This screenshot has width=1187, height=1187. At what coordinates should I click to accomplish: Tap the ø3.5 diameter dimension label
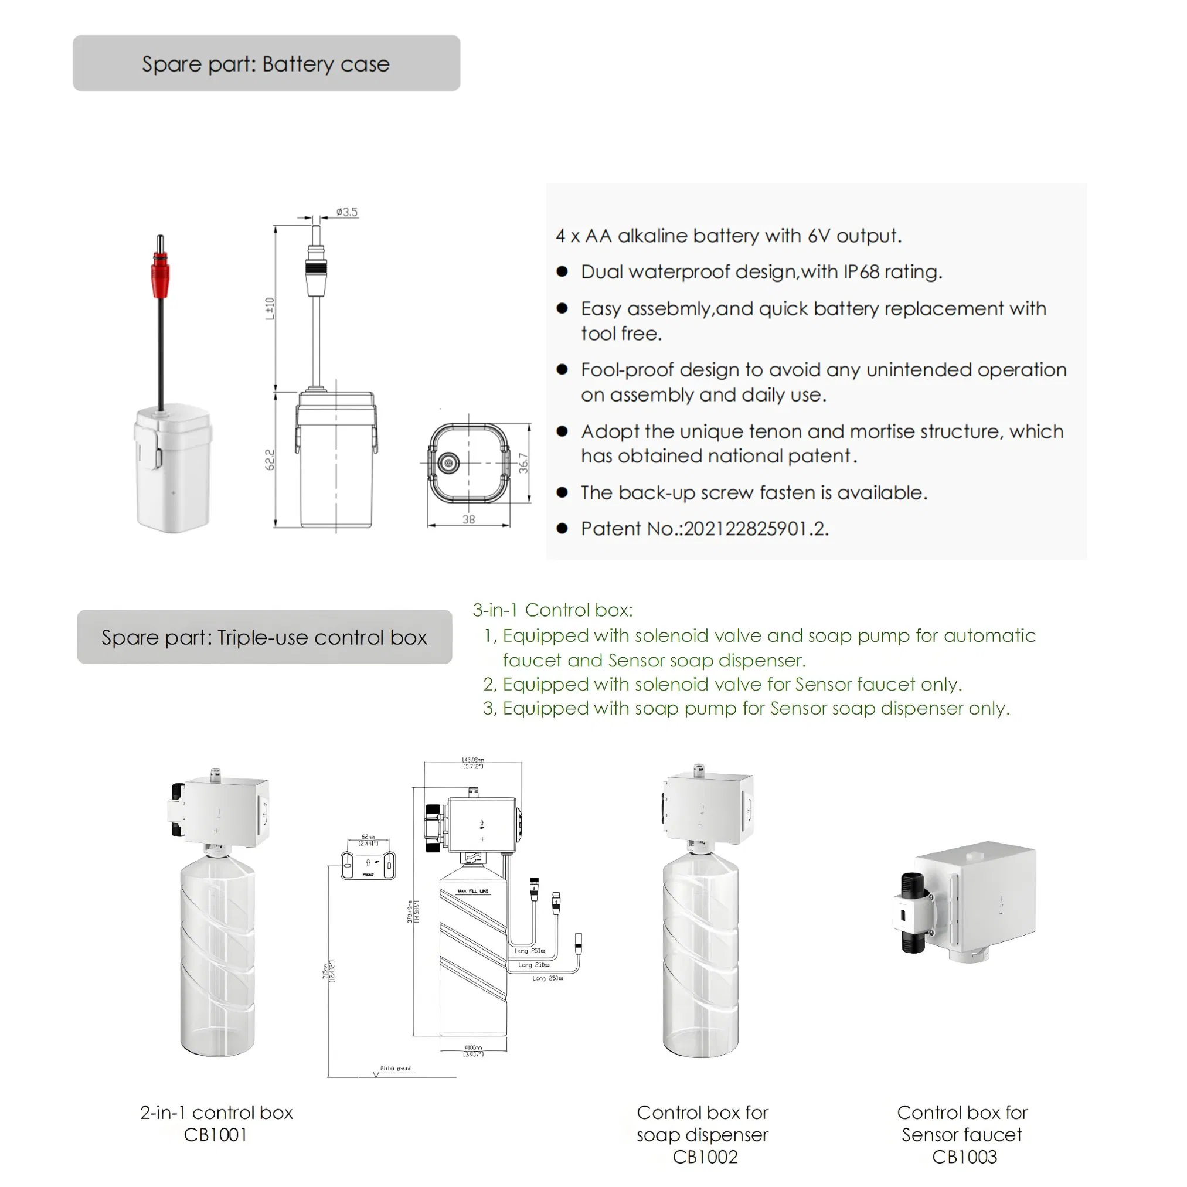(347, 212)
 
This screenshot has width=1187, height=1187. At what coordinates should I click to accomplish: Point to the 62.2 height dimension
(269, 460)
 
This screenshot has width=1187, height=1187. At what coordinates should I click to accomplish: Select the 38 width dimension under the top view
(469, 520)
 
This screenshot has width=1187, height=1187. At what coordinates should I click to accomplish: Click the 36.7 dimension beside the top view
(523, 462)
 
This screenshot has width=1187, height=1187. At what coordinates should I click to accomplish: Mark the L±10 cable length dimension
(269, 308)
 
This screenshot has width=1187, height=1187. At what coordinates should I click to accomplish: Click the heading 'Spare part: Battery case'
(266, 64)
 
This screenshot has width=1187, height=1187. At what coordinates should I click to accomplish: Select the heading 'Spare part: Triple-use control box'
(264, 637)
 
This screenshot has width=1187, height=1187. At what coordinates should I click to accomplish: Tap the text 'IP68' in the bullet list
(861, 271)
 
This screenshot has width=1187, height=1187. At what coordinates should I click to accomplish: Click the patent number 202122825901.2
(756, 528)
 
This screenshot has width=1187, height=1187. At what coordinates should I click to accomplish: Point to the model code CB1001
(216, 1135)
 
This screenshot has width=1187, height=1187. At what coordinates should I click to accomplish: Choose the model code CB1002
(705, 1157)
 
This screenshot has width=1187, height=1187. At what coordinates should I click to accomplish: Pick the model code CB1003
(964, 1157)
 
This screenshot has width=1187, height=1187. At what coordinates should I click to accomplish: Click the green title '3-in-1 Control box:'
(552, 610)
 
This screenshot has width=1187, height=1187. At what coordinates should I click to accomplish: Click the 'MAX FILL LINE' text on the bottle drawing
(473, 891)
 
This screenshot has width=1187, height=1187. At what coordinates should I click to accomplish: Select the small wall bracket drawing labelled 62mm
(368, 865)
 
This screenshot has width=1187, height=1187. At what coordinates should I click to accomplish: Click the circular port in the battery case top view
(448, 462)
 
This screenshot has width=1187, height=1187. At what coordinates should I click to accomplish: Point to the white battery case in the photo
(174, 467)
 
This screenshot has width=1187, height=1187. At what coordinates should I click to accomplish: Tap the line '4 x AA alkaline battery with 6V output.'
(729, 236)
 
